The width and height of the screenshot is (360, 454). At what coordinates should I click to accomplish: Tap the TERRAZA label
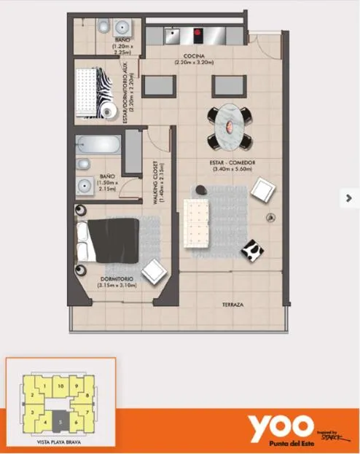pos(233,305)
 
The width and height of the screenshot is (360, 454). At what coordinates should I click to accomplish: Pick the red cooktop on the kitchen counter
pos(198,32)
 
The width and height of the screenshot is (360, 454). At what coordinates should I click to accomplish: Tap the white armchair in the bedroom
pos(155,270)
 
